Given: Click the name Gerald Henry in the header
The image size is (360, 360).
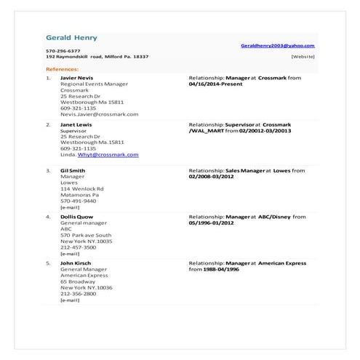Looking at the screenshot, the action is pos(71,38).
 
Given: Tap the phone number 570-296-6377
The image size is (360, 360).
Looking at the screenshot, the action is pos(63,50).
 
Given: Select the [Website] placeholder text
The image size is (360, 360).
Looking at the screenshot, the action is pos(303,56).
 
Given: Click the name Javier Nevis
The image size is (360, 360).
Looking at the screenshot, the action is pos(76,77).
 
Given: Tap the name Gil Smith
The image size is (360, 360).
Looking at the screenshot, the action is pos(73,170).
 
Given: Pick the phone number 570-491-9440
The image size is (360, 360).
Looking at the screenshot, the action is pos(78,201).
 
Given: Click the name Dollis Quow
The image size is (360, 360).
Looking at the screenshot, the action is pos(77,217).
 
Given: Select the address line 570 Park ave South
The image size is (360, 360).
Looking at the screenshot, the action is pos(85,235).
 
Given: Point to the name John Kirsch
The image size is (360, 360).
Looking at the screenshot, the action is pos(76,263).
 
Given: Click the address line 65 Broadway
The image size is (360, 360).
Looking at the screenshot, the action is pos(78,281).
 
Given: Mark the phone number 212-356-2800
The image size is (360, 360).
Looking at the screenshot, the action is pos(78,293).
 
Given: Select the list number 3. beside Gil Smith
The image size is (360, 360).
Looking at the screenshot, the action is pos(48,170).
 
